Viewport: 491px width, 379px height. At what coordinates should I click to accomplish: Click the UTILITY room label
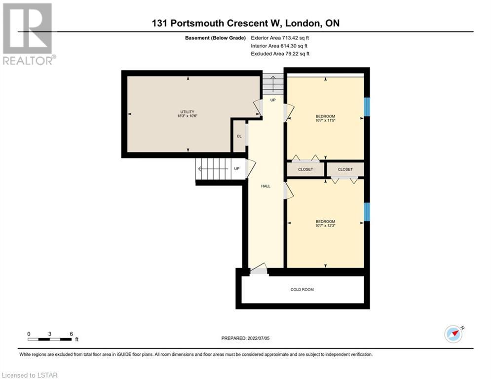point(187,112)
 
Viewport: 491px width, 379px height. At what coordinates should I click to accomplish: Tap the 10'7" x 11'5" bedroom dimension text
point(325,120)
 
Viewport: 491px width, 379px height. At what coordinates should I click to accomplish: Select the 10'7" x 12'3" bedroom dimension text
point(325,226)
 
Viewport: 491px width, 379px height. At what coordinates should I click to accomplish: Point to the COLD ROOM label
point(302,289)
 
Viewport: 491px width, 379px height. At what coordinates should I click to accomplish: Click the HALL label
point(265,186)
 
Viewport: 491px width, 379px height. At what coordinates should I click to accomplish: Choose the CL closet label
point(239,136)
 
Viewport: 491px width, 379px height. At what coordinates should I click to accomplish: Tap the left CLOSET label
point(305,169)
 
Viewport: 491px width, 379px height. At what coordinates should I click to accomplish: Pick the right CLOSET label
point(345,169)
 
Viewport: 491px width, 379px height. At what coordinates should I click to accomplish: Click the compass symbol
point(453,334)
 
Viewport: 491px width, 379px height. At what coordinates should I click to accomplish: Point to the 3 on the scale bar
point(49,334)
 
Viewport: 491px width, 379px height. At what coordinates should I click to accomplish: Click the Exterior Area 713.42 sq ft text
point(280,38)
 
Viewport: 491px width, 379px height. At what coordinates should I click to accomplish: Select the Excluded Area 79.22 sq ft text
point(280,54)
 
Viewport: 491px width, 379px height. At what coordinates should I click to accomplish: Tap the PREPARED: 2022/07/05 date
point(245,338)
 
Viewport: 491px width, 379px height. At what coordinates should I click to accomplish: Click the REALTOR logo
point(29,34)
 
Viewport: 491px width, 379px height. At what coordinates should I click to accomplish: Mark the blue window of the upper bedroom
point(367,107)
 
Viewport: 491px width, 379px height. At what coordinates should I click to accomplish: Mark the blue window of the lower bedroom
point(367,212)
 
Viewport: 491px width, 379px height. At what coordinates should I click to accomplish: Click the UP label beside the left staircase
point(237,168)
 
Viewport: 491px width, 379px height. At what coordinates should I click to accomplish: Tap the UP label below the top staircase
point(273,100)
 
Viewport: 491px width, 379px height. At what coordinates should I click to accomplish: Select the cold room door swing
point(259,269)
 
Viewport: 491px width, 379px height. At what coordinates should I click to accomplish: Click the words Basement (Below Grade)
point(215,38)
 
